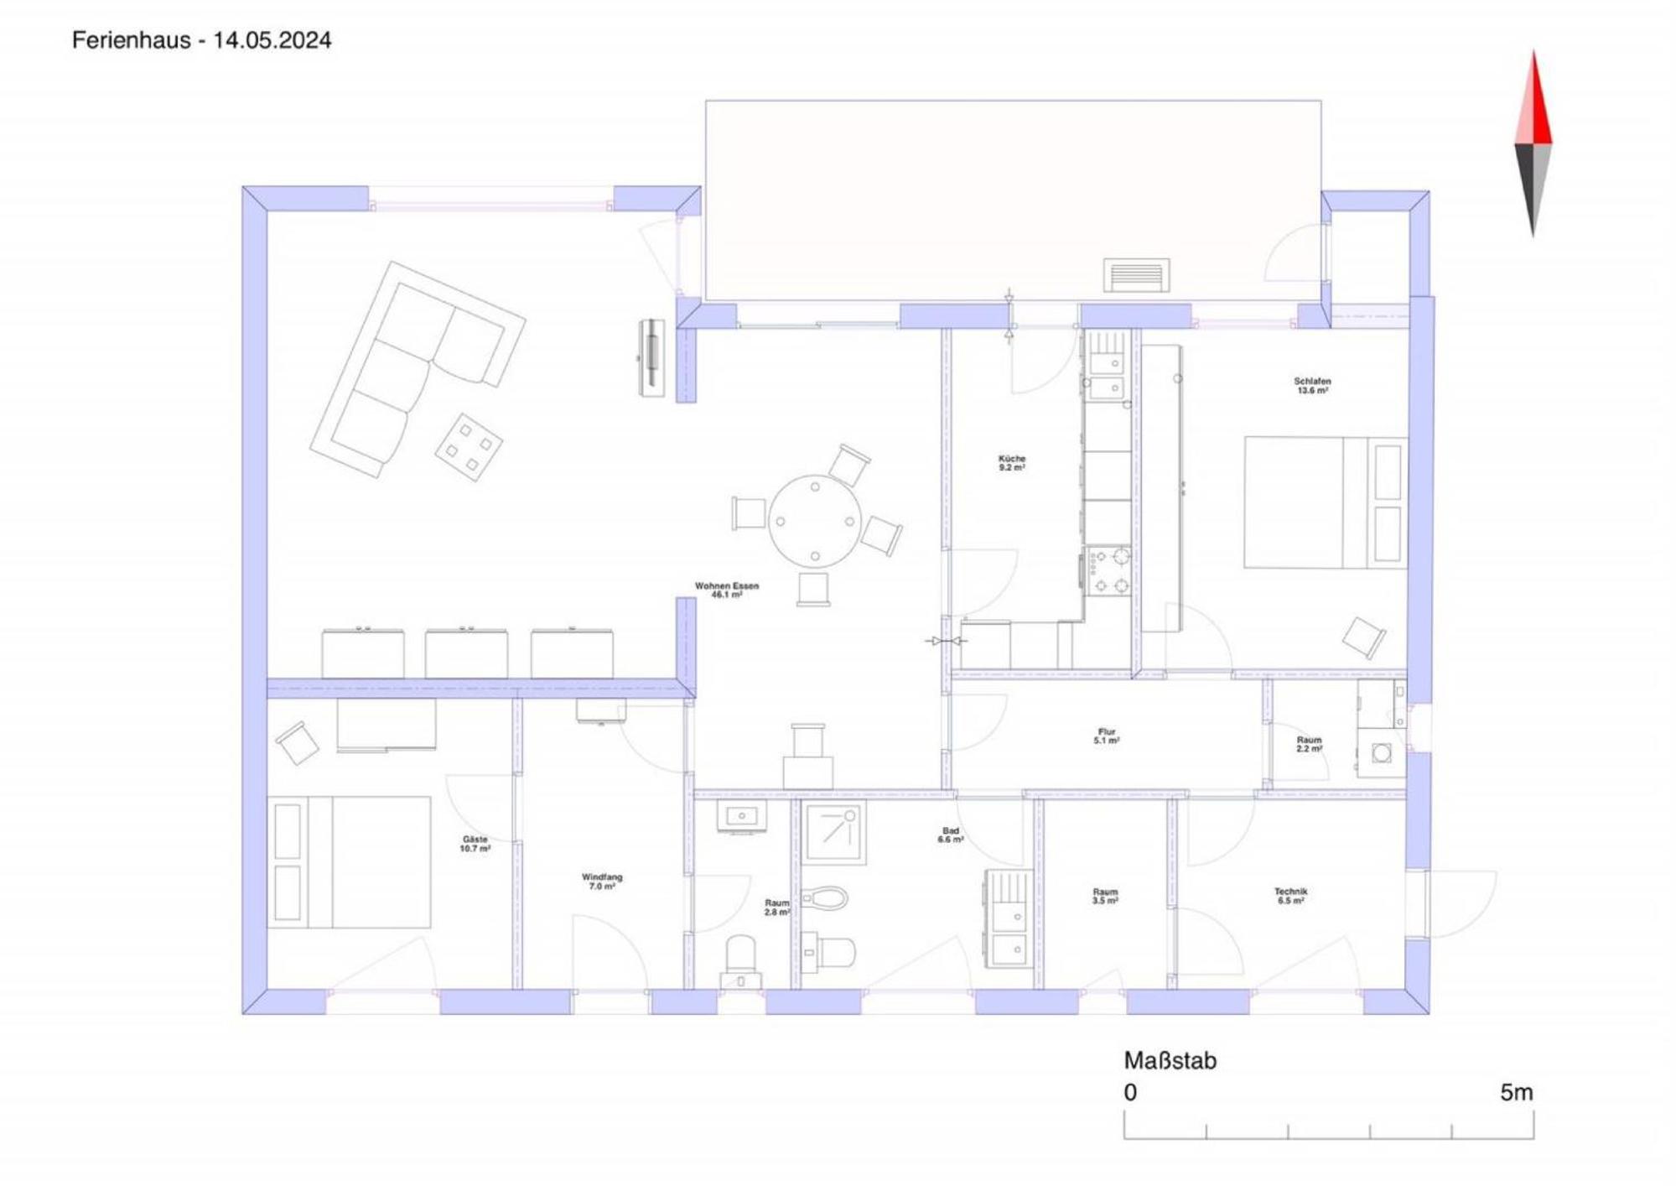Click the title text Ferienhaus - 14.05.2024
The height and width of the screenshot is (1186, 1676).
pyautogui.click(x=201, y=40)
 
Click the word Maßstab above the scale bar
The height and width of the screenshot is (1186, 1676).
pyautogui.click(x=1170, y=1060)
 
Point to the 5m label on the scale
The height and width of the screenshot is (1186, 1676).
pyautogui.click(x=1517, y=1092)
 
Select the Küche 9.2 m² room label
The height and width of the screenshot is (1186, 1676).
pyautogui.click(x=1012, y=463)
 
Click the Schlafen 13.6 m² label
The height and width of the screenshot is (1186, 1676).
pyautogui.click(x=1312, y=386)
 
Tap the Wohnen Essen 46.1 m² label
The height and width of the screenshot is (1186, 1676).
pyautogui.click(x=727, y=590)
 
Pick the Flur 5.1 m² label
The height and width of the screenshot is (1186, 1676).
pyautogui.click(x=1107, y=736)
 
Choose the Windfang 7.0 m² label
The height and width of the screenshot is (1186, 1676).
pyautogui.click(x=602, y=882)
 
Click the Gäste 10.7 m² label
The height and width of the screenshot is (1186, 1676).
pyautogui.click(x=475, y=844)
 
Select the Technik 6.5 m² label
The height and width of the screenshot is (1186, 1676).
pyautogui.click(x=1291, y=896)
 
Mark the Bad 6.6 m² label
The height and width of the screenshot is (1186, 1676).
pyautogui.click(x=951, y=835)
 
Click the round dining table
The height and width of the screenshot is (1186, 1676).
pyautogui.click(x=815, y=521)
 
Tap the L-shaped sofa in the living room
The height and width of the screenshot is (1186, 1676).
pyautogui.click(x=417, y=369)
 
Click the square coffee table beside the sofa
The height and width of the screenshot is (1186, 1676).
pyautogui.click(x=469, y=447)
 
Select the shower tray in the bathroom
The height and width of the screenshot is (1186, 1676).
pyautogui.click(x=834, y=833)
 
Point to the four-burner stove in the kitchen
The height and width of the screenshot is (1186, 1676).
pyautogui.click(x=1108, y=571)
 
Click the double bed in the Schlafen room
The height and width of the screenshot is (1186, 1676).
pyautogui.click(x=1325, y=502)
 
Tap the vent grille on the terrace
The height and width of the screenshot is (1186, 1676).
pyautogui.click(x=1136, y=275)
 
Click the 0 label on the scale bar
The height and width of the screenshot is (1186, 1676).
pyautogui.click(x=1130, y=1092)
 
